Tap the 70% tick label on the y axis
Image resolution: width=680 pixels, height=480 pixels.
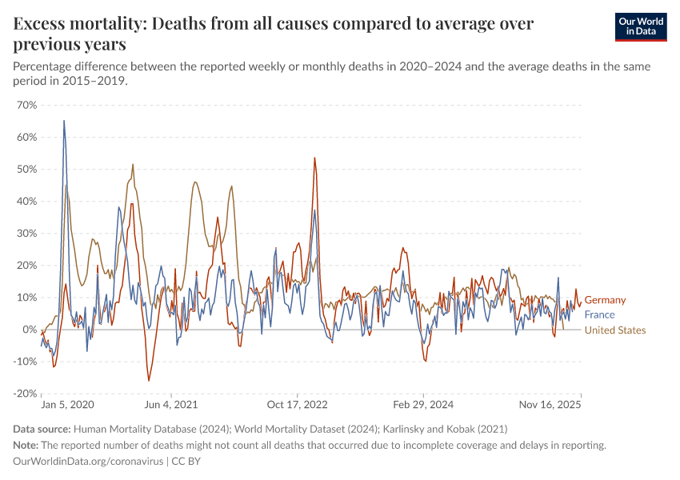26,105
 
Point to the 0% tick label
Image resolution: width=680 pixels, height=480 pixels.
29,330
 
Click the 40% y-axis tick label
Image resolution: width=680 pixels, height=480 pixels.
26,201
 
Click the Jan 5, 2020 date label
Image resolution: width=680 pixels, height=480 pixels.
67,406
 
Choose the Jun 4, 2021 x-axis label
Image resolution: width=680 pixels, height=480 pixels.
170,406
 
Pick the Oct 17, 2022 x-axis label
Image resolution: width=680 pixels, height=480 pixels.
297,406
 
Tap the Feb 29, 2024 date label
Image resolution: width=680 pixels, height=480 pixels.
424,406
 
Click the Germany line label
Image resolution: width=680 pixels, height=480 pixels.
605,300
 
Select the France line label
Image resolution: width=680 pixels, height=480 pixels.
600,315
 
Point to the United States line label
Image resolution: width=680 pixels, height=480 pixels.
614,330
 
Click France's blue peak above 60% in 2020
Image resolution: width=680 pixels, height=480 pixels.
64,121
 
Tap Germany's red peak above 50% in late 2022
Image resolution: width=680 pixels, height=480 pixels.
314,158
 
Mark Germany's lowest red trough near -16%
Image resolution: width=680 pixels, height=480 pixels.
149,380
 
